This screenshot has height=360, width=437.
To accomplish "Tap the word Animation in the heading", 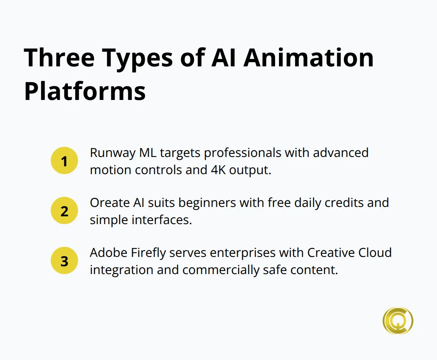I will click(x=309, y=58).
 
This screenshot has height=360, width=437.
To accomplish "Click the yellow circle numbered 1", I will click(x=64, y=161).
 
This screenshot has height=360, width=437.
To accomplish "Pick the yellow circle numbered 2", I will click(x=64, y=211).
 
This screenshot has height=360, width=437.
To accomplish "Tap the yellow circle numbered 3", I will click(x=64, y=261).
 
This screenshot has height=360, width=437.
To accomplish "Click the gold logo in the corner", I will click(x=398, y=321).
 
